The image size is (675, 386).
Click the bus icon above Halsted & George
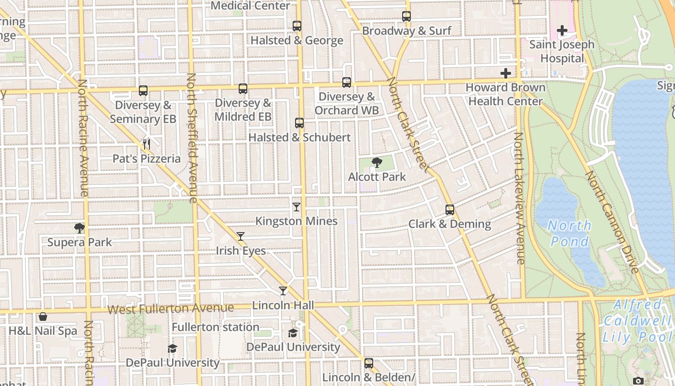[x=297, y=26]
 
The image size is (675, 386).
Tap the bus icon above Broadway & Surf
[x=406, y=16]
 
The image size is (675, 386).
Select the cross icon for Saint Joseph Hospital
[x=562, y=31]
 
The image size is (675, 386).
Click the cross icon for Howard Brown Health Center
[x=505, y=73]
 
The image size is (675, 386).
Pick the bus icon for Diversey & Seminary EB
[x=143, y=91]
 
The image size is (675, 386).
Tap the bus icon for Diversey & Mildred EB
[x=243, y=89]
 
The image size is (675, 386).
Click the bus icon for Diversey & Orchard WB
[x=347, y=83]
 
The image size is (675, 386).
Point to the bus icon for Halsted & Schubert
[x=299, y=123]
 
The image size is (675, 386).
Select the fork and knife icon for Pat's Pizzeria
[x=147, y=144]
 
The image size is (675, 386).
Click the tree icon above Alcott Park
[x=377, y=163]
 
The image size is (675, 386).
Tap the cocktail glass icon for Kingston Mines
[x=297, y=207]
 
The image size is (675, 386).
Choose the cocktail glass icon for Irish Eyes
[x=241, y=236]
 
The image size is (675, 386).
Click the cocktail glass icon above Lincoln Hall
[x=283, y=291]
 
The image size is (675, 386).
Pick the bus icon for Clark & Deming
[x=450, y=210]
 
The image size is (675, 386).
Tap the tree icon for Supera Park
[x=80, y=228]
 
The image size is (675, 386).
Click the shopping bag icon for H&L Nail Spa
[x=43, y=317]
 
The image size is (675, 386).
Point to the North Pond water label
[x=569, y=233]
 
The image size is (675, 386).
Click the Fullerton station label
[x=216, y=327]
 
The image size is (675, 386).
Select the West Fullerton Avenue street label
[x=171, y=308]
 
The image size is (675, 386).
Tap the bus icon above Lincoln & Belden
[x=369, y=363]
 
